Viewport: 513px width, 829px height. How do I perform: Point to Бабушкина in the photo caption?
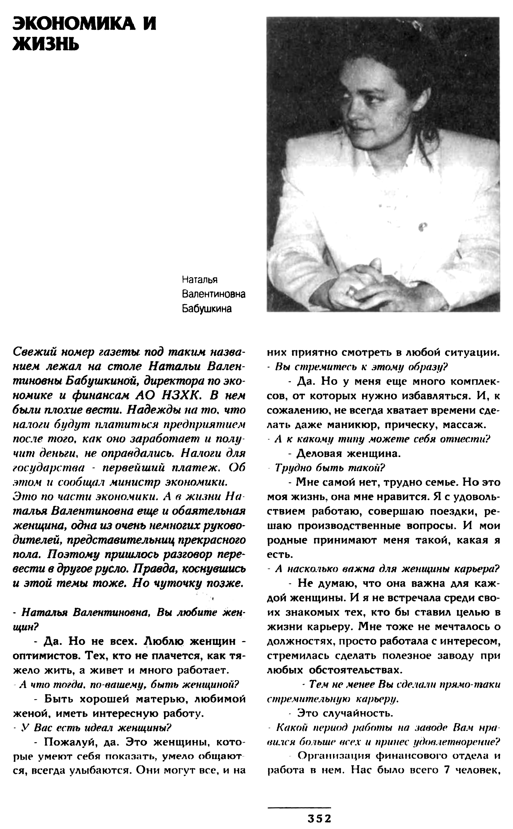pos(207,309)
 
